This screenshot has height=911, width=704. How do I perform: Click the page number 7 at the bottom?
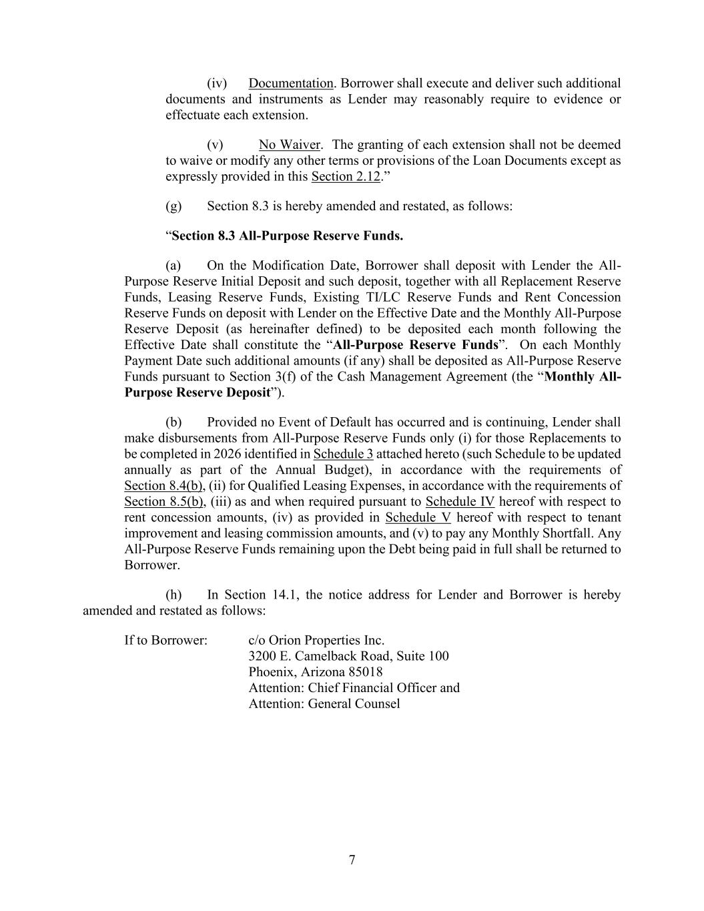point(352,860)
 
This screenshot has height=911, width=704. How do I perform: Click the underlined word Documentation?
point(290,83)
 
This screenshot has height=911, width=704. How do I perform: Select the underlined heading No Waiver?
point(290,145)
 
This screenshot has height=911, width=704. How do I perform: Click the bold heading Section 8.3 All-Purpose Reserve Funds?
point(287,236)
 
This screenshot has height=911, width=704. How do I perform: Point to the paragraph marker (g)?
point(173,206)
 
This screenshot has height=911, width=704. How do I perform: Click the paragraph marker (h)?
point(173,595)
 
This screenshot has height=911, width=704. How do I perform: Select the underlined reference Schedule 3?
point(343,454)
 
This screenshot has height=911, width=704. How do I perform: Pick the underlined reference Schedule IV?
point(460,502)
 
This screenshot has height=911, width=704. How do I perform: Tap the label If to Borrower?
point(165,640)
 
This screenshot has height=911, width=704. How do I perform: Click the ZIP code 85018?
point(366,672)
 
